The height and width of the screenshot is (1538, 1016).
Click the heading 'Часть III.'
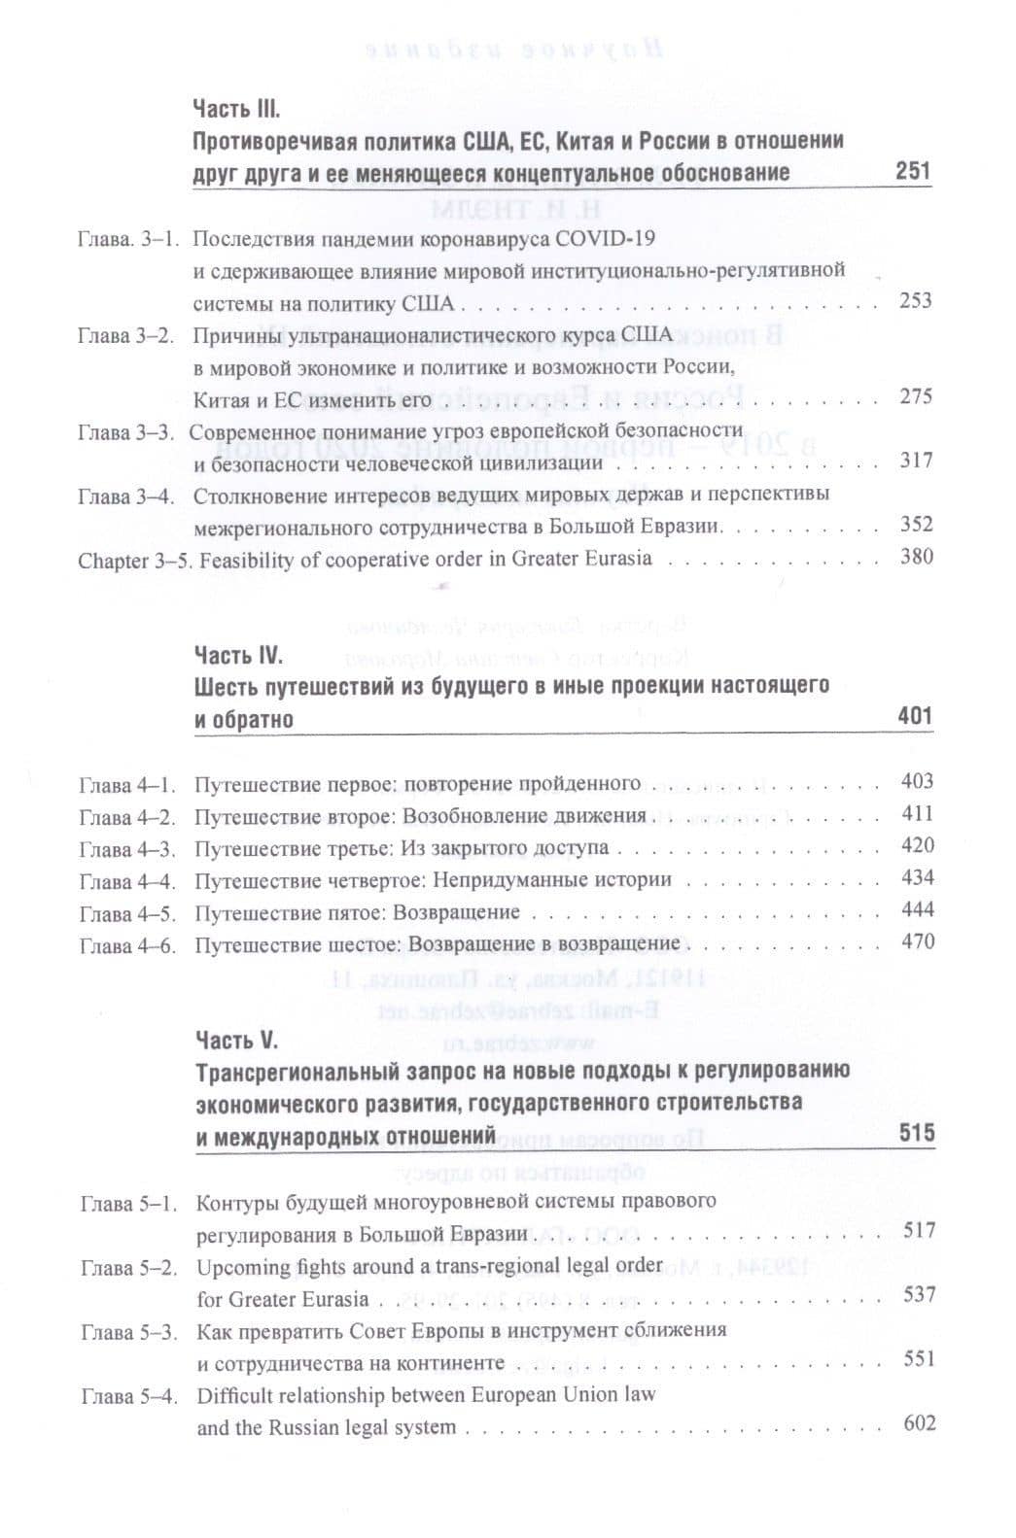pyautogui.click(x=237, y=108)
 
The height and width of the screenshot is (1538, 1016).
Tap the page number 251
pyautogui.click(x=913, y=172)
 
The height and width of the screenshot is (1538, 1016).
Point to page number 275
pyautogui.click(x=915, y=396)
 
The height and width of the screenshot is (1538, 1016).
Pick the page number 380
pyautogui.click(x=916, y=557)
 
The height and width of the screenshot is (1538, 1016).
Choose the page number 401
pyautogui.click(x=915, y=717)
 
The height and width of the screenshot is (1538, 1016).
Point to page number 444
pyautogui.click(x=917, y=909)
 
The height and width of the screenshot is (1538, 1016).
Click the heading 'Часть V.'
pyautogui.click(x=237, y=1041)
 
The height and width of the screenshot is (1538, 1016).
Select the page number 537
pyautogui.click(x=919, y=1294)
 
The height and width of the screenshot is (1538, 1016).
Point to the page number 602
pyautogui.click(x=919, y=1423)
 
